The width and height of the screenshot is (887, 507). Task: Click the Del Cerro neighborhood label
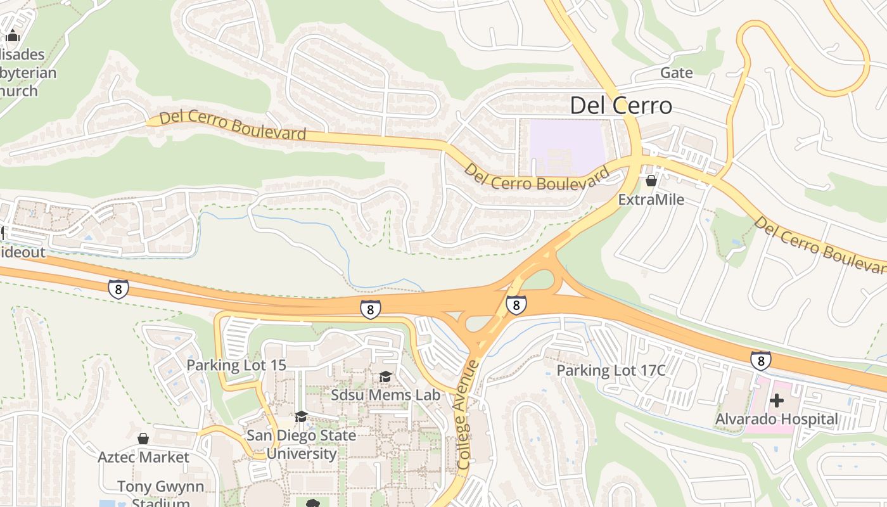tap(621, 105)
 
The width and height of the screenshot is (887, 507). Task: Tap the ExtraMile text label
tap(651, 200)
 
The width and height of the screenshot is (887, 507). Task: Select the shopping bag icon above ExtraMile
tap(651, 181)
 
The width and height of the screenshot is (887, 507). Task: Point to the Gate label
tap(677, 73)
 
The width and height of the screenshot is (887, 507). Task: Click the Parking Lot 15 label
tap(236, 365)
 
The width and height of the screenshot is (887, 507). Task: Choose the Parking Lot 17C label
tap(611, 370)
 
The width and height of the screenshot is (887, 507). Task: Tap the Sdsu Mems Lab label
tap(385, 395)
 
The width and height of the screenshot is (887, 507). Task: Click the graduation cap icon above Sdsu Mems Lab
tap(385, 377)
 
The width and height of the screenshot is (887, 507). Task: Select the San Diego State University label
tap(301, 444)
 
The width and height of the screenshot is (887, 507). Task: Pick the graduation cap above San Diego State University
tap(301, 416)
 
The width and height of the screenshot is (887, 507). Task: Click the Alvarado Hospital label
tap(776, 419)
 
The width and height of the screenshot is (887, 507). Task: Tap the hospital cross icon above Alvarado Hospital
tap(777, 401)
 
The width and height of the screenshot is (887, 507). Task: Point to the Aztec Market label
tap(143, 457)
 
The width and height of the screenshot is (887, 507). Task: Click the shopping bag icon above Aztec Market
tap(143, 439)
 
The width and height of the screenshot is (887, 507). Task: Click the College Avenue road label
tap(467, 415)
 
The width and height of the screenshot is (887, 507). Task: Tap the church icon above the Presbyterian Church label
tap(13, 36)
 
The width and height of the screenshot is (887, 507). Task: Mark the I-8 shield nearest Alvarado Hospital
tap(761, 361)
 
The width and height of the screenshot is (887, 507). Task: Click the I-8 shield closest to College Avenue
tap(516, 305)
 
